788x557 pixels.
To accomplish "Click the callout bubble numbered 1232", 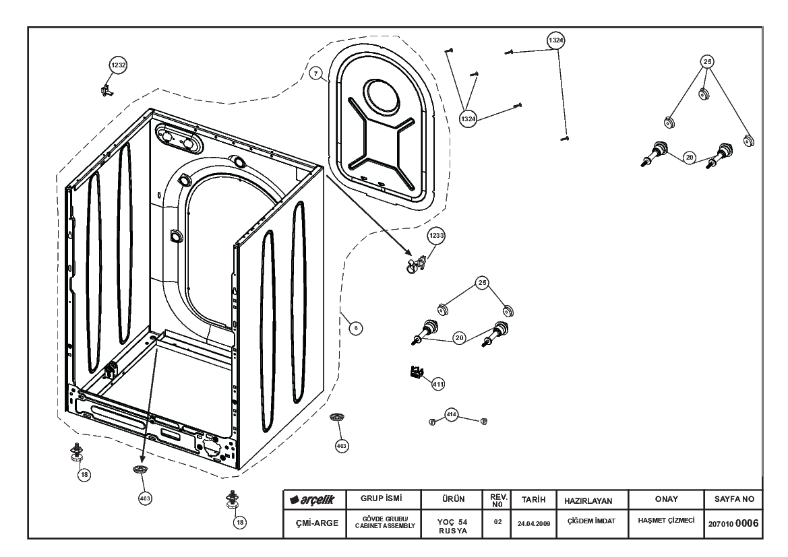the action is click(118, 65).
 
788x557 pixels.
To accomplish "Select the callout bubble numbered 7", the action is click(315, 74).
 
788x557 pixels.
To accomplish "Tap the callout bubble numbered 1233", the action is click(436, 236).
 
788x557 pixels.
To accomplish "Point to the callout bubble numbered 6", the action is click(356, 329).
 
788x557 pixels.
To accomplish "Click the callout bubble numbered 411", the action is click(438, 384).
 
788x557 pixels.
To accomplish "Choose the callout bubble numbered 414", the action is click(451, 415).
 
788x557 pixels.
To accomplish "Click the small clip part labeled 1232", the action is click(106, 90).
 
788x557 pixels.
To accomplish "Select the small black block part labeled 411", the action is click(416, 372).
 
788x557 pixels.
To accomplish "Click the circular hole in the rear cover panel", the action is click(382, 96).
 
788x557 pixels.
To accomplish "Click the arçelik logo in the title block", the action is click(312, 500).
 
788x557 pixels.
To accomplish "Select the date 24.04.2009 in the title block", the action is click(534, 523).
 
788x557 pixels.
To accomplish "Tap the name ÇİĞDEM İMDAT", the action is click(591, 521).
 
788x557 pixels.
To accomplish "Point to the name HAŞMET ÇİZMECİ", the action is click(667, 521).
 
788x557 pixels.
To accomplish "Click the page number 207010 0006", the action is click(733, 523).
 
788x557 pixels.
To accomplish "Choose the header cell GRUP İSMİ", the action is click(382, 498).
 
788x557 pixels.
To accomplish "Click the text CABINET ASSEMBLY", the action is click(385, 525).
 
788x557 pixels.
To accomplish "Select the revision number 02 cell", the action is click(497, 522).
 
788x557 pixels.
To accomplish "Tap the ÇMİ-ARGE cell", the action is click(317, 523).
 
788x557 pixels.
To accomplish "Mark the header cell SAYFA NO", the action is click(734, 498).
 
